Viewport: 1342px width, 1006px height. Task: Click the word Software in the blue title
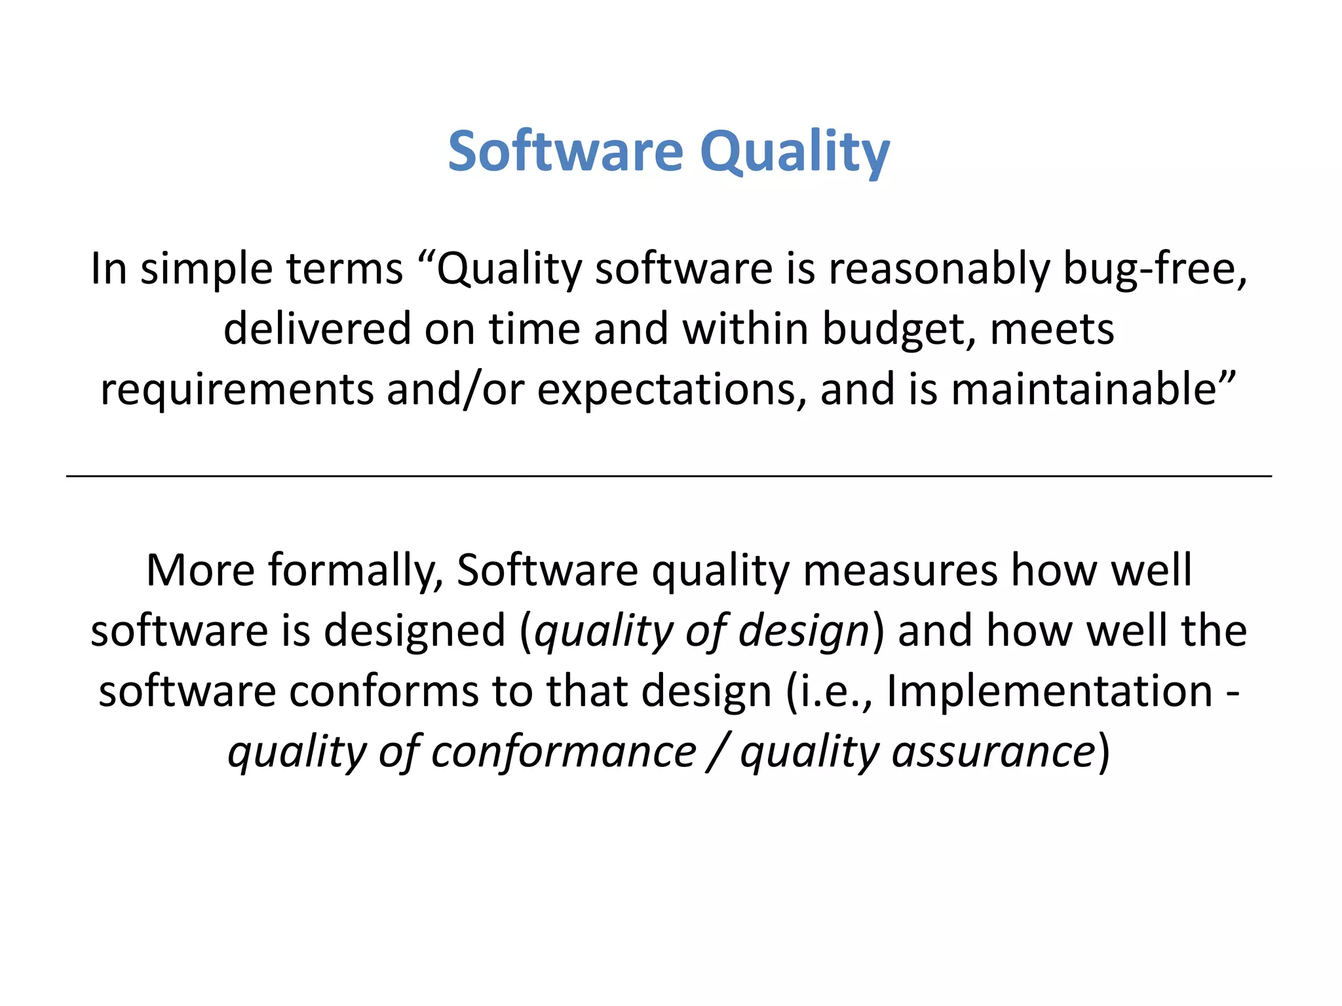[x=566, y=152]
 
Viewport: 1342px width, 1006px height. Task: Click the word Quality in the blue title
[x=794, y=152]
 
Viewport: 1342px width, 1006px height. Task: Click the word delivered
[x=316, y=329]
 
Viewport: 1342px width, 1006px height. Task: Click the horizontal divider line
[x=668, y=476]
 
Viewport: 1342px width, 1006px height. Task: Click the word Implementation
[x=1049, y=692]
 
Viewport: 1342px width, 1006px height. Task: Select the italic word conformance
[x=564, y=752]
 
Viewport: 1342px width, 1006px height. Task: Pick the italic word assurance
[x=994, y=752]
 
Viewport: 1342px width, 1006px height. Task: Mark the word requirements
[x=237, y=389]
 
